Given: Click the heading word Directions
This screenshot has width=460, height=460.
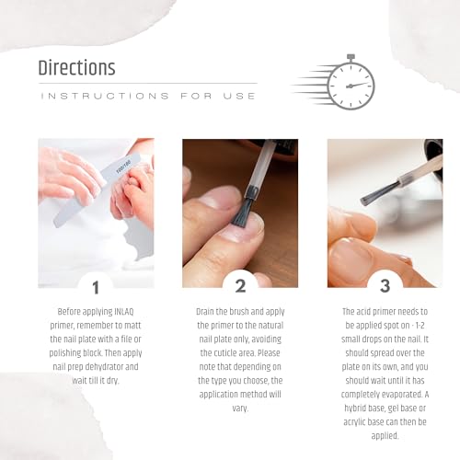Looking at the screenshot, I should [76, 68].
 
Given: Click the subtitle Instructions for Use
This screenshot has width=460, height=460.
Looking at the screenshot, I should [147, 95].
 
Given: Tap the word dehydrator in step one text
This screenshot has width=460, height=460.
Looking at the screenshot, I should [115, 364].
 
